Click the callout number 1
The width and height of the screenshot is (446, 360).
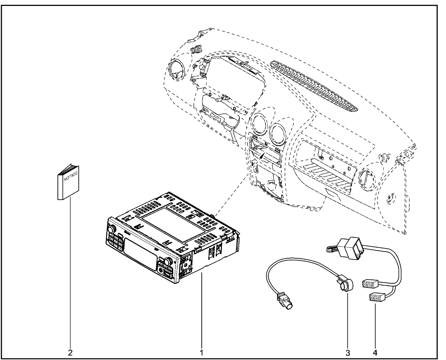coord(201,352)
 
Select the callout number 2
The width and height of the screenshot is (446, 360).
coord(70,352)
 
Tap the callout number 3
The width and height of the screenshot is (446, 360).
coord(348,352)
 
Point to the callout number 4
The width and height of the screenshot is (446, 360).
coord(375,352)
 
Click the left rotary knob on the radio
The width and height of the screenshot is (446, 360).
coord(111,230)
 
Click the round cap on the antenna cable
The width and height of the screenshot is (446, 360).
coord(346,285)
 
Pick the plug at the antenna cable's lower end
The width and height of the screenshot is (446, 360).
coord(285,302)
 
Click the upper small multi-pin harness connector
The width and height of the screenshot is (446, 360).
coord(369,284)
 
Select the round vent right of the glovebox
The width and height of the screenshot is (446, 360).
coord(367,179)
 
